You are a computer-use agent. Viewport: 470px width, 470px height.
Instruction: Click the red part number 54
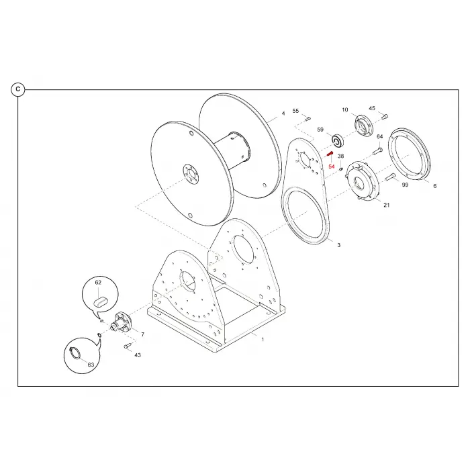pos(331,167)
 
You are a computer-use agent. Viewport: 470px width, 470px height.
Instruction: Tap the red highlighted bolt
pos(330,154)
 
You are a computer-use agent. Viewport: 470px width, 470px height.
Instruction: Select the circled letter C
pos(18,89)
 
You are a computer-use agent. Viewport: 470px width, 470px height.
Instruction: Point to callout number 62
pos(98,283)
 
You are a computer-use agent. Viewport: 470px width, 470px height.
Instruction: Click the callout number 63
pos(91,365)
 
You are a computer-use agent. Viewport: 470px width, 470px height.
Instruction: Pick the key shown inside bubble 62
pos(100,301)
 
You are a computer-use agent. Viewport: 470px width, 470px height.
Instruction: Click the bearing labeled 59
pos(338,141)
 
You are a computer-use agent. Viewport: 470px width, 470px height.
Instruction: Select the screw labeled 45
pos(385,115)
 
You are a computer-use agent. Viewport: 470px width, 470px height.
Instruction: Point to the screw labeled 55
pos(308,119)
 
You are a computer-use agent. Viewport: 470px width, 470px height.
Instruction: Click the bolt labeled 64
pos(377,151)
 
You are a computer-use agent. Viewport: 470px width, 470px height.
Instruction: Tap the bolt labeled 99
pos(389,177)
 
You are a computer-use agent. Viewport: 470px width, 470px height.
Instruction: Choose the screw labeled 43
pos(128,346)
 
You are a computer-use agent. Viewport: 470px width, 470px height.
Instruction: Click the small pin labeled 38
pos(341,169)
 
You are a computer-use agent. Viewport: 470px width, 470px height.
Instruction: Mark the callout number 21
pos(387,205)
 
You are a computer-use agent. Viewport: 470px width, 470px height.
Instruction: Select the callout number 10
pos(345,109)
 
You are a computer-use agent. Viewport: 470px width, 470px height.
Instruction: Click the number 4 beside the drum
pos(283,113)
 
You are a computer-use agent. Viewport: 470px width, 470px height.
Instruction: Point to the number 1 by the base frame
pos(263,340)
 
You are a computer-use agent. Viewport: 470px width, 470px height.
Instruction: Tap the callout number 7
pos(142,334)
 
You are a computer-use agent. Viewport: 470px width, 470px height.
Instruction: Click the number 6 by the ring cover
pos(434,186)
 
